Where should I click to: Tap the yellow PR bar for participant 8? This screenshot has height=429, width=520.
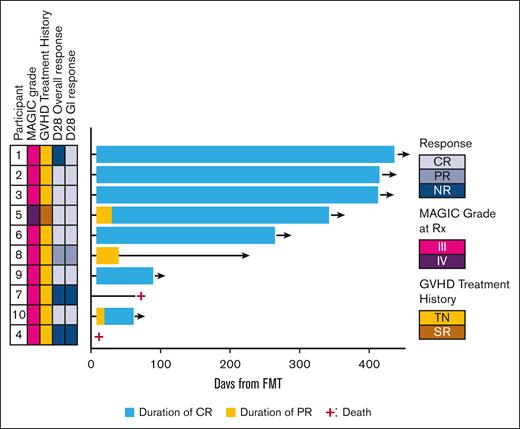pos(107,255)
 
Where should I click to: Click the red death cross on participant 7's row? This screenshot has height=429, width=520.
pos(141,296)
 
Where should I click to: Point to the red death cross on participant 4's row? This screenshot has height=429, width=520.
pos(98,337)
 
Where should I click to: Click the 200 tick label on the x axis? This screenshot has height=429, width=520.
pos(230,365)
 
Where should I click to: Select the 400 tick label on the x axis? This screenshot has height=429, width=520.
pos(368,365)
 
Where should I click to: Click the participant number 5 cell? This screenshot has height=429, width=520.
pos(17,214)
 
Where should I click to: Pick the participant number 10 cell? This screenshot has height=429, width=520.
pos(17,315)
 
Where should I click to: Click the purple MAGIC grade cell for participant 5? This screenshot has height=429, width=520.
pos(33,214)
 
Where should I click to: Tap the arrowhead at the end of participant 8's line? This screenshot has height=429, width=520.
pos(246,256)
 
